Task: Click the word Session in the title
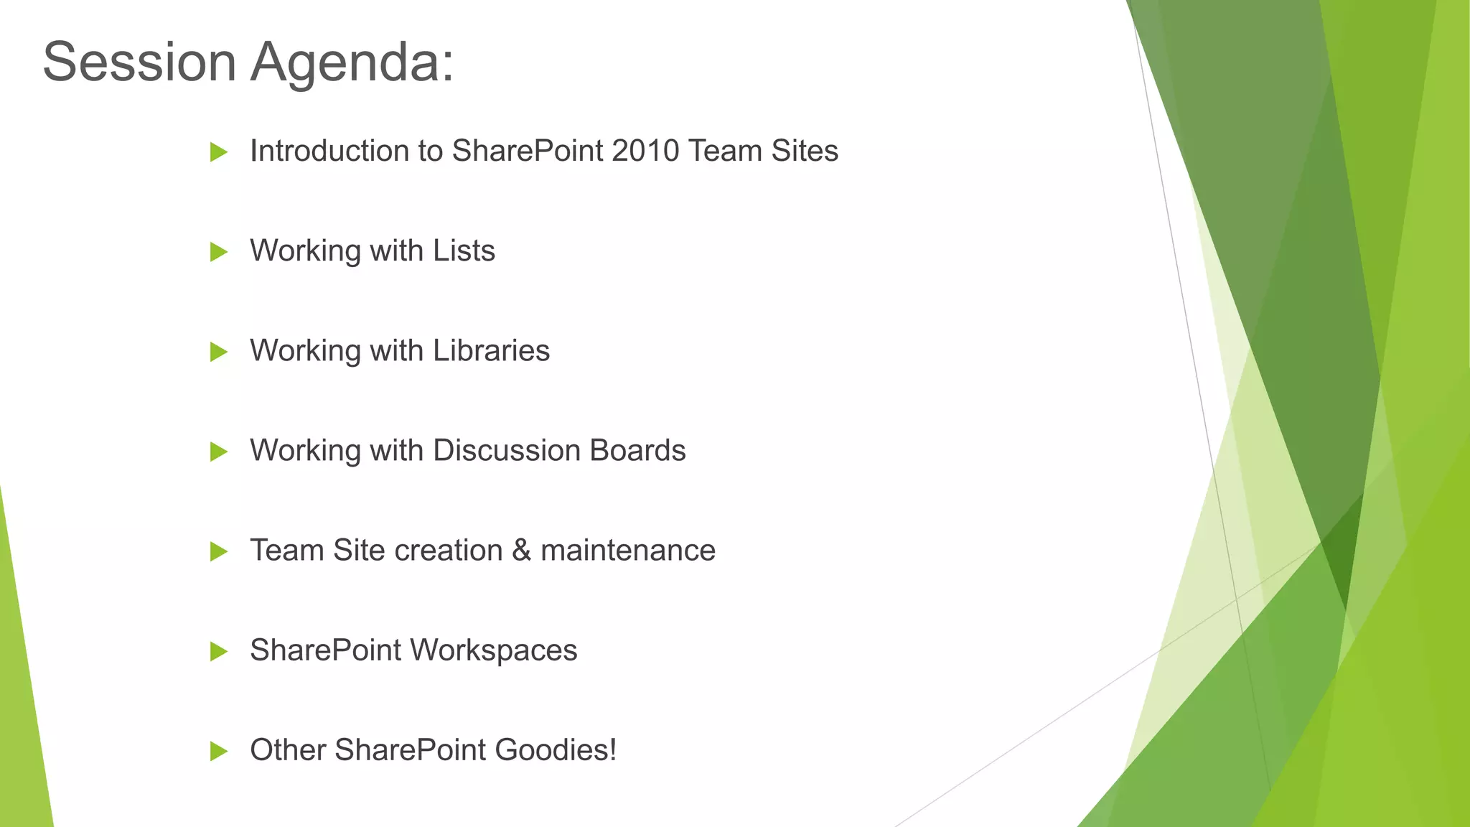(x=139, y=62)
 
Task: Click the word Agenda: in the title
(x=352, y=62)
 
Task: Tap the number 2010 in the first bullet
(x=645, y=151)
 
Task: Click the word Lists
(x=464, y=251)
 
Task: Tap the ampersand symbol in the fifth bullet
(x=521, y=551)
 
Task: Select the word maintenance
(x=628, y=551)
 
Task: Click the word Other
(x=287, y=750)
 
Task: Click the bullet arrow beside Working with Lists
(x=218, y=252)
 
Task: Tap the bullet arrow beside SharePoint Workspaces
(x=218, y=651)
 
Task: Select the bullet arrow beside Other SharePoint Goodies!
(x=218, y=751)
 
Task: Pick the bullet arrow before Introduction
(x=218, y=152)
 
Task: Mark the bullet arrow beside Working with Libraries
(x=218, y=352)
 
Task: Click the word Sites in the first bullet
(x=805, y=151)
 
